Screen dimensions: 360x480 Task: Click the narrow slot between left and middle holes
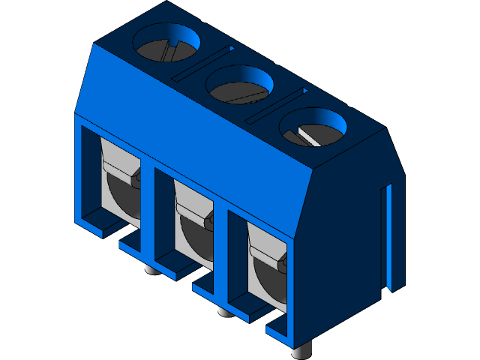(204, 62)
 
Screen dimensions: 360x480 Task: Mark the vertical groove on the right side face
(388, 236)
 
